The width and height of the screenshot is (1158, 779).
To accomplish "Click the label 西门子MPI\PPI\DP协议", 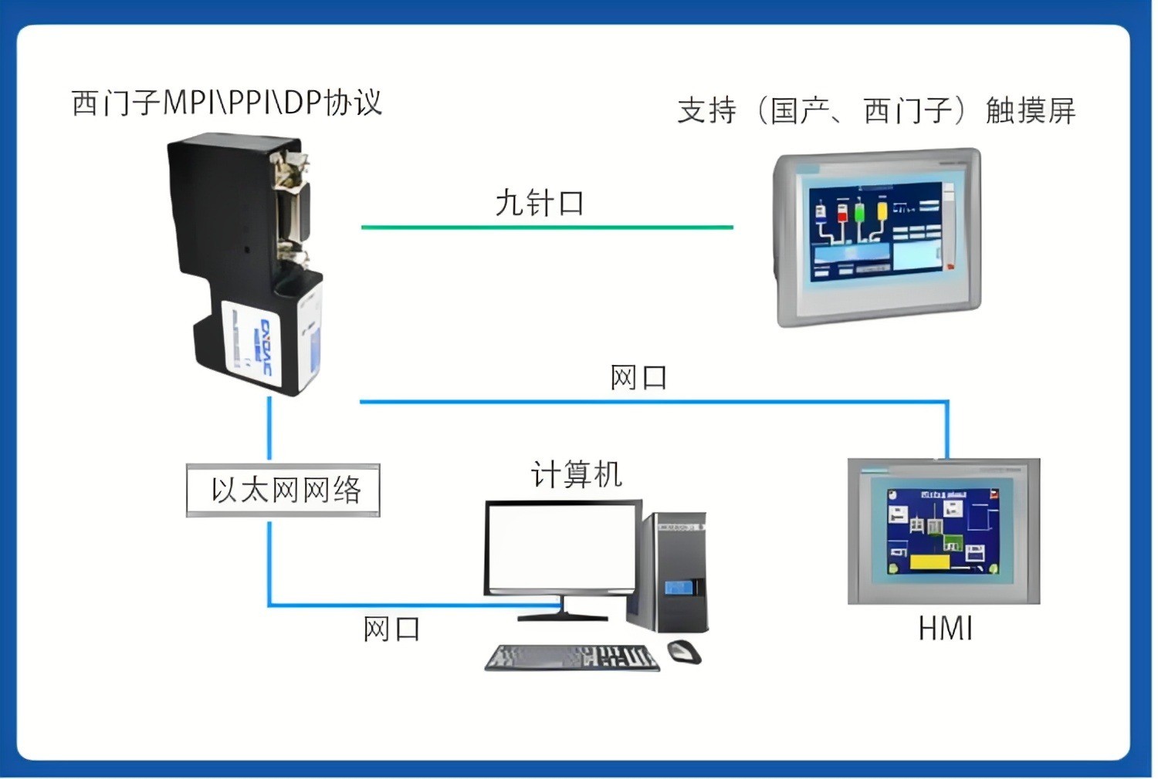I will (227, 103).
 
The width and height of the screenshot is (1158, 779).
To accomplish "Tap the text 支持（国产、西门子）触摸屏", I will (876, 110).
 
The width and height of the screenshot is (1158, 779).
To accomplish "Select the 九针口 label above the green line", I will (540, 203).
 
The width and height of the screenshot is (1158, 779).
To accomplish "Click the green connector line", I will (547, 228).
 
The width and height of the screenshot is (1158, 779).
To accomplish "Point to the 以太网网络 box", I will (283, 490).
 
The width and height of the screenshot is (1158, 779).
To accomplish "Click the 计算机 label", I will (576, 474).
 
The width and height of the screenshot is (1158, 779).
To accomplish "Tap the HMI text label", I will (945, 629).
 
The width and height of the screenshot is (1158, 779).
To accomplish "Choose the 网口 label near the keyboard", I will (391, 629).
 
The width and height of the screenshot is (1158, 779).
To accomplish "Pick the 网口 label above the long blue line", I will (638, 378).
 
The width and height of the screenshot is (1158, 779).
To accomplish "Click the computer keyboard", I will (572, 658).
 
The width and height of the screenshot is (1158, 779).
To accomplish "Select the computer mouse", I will (684, 652).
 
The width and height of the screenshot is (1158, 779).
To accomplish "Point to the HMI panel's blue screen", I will (943, 532).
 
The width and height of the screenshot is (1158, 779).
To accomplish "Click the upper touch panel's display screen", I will (876, 231).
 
